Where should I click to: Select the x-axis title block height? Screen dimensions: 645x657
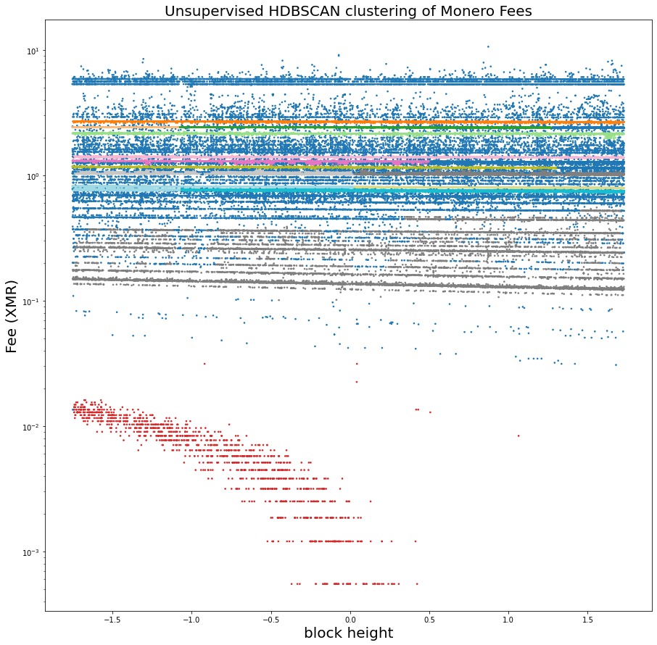348,633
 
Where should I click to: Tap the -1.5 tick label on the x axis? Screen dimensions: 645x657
112,620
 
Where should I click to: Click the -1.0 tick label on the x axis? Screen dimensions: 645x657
191,620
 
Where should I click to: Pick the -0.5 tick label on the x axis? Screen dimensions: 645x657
270,620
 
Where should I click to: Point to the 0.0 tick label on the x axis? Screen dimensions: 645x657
350,620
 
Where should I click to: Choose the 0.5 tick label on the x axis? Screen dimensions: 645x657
429,620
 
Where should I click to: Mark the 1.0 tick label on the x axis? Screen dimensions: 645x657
508,620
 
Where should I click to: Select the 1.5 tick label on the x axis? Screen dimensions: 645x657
587,620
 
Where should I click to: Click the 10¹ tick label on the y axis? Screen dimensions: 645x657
33,51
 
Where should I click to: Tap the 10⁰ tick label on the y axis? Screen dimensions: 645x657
33,176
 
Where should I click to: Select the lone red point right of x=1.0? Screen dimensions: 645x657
518,436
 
